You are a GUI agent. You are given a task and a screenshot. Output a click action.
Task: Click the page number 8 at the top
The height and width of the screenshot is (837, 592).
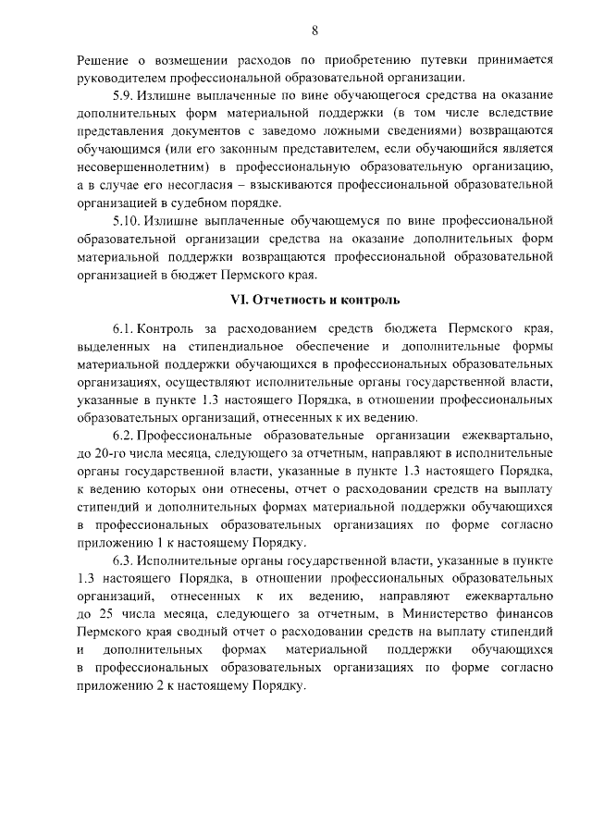(x=314, y=31)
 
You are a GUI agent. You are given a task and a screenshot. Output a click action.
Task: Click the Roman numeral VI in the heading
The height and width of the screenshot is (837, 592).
(x=239, y=300)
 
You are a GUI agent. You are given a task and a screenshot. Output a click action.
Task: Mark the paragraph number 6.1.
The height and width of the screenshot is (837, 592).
(x=125, y=330)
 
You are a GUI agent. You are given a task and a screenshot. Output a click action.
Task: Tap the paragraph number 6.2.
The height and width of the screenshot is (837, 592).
(x=125, y=436)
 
